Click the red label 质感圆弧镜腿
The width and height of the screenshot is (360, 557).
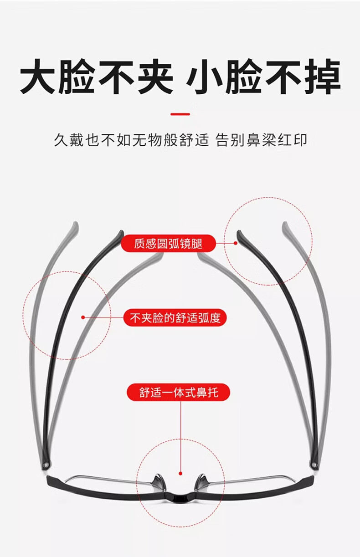168,244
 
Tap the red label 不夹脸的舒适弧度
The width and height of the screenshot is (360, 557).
175,317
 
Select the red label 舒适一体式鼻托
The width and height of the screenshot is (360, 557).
179,392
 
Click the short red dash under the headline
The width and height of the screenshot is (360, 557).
180,114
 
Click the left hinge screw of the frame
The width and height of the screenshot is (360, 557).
45,465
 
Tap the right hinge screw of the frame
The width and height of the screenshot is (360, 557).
313,465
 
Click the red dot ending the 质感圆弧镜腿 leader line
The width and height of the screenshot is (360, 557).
236,243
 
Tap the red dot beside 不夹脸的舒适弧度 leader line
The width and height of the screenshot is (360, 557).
82,317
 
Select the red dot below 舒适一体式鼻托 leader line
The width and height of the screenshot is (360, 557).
180,474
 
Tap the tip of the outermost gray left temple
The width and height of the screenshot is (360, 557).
75,225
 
